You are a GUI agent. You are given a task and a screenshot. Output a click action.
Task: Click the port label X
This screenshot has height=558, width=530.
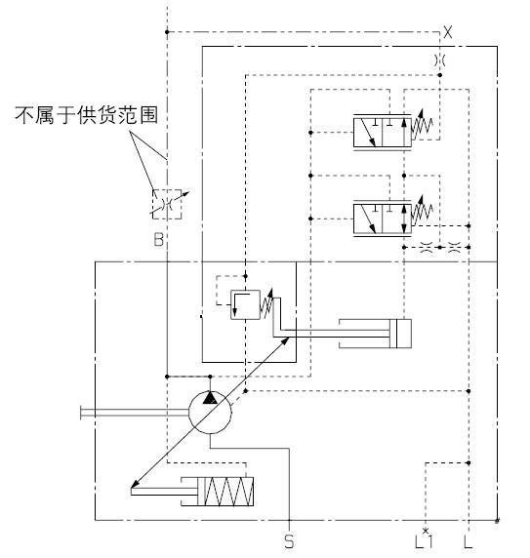447,32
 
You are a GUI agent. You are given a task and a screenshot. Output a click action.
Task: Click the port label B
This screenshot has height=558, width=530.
159,239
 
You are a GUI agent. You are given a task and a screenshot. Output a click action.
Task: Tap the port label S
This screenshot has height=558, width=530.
289,541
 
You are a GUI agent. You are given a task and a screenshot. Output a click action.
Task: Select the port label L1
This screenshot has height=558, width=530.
424,540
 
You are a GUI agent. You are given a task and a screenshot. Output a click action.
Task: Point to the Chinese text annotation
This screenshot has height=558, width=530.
86,114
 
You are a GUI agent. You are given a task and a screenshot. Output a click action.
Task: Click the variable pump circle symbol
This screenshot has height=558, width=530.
210,412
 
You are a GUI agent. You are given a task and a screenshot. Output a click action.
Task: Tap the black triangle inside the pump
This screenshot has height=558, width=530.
210,397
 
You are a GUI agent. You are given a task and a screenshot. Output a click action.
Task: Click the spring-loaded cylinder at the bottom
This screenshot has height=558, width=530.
217,492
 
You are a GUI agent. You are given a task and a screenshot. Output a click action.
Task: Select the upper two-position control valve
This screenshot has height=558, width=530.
383,132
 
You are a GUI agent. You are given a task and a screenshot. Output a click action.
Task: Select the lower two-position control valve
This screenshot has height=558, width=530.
383,219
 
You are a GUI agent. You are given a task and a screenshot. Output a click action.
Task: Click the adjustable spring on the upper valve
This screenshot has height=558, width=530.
423,124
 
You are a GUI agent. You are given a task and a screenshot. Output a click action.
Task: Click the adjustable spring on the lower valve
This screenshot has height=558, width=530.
423,211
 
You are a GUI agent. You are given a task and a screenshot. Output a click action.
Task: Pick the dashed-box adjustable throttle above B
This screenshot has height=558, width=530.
167,204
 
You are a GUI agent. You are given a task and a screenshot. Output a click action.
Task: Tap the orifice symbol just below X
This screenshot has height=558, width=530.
440,60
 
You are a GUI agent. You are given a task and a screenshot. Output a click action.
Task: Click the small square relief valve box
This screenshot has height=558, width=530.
245,304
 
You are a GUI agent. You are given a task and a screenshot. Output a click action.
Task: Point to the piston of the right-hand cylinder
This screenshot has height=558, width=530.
393,334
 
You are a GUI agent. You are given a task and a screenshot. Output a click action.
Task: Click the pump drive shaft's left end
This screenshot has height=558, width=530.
81,412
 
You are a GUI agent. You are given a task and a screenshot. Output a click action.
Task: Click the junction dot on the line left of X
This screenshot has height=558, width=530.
167,32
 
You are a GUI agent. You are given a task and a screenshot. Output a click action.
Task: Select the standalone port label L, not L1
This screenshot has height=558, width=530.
469,541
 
